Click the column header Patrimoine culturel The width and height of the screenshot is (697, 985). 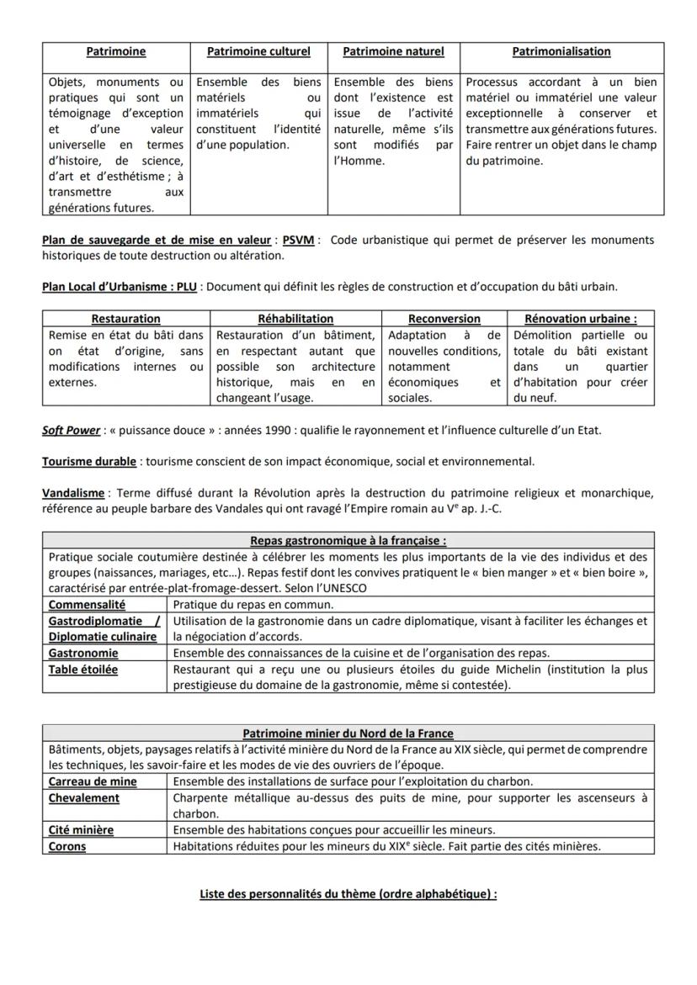tap(258, 51)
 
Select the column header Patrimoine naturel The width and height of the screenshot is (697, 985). tap(393, 51)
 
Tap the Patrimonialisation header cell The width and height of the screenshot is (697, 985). tap(561, 51)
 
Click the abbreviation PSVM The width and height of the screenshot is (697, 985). tap(298, 240)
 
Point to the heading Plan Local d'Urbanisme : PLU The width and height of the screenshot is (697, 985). tap(119, 287)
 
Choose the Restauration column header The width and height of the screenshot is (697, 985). tap(125, 319)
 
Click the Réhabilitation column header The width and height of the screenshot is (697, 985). tap(295, 319)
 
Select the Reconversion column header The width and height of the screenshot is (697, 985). tap(444, 319)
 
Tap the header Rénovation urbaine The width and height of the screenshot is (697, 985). tap(580, 319)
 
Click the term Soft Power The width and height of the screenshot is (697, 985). tap(71, 431)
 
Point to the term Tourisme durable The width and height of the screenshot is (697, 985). tap(89, 462)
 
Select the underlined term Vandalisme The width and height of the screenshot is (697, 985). tap(73, 493)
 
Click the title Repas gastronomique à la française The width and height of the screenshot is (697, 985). tap(348, 541)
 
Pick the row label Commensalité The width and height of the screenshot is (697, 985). tap(87, 604)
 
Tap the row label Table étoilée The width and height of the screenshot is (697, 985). tap(83, 670)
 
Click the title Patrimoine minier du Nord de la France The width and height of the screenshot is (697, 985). tap(348, 733)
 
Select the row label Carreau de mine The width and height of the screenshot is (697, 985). tap(93, 781)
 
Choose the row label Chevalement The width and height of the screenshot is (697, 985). tap(84, 797)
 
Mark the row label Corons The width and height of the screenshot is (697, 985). tap(67, 846)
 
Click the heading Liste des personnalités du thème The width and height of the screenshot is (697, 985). tap(348, 893)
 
